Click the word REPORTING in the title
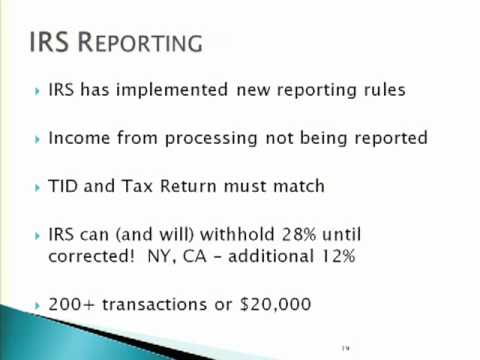point(144,45)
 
